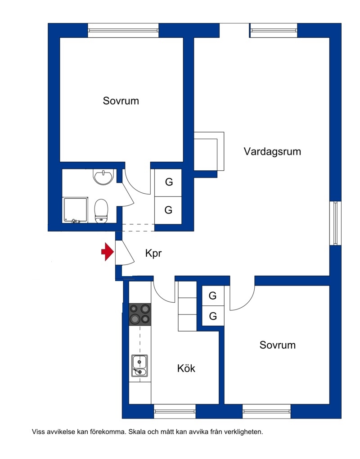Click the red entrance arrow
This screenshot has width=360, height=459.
pos(108,251)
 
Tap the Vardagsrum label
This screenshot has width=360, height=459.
pos(272,152)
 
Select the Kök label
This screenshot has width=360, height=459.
pos(186,368)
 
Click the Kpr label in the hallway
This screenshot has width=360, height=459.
pos(153,253)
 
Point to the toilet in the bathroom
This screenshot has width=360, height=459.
pos(101,211)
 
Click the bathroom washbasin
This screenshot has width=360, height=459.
pos(103,177)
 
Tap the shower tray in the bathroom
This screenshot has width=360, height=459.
pos(76,210)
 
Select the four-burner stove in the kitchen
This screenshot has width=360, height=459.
pos(140,314)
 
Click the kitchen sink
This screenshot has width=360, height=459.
pos(139,366)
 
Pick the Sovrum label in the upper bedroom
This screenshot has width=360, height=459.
pos(121,101)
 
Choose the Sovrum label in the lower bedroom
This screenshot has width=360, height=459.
pos(278,345)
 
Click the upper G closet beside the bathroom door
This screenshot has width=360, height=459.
pos(168,182)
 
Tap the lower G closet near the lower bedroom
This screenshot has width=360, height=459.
pos(213,316)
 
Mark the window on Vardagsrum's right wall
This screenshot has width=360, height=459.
pos(335,223)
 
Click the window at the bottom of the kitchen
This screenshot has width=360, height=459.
pos(175,412)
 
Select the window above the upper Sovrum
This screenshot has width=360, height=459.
pos(123,30)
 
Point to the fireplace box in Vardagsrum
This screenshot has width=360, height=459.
pos(209,151)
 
